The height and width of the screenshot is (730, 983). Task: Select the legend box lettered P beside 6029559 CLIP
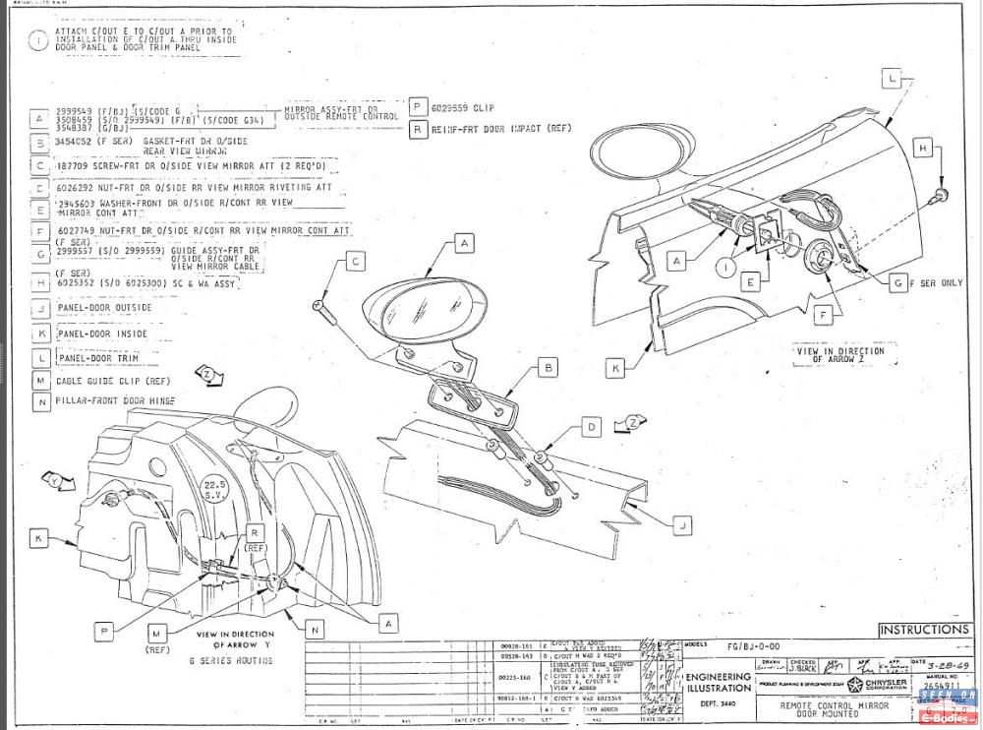point(418,107)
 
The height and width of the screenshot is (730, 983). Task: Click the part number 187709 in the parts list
point(73,166)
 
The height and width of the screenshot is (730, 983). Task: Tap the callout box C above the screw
point(356,262)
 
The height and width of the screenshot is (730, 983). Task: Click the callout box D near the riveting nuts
point(590,427)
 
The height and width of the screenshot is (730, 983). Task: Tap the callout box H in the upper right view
point(922,148)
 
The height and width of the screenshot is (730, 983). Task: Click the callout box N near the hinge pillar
point(315,628)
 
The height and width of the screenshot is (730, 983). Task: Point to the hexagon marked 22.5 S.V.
point(215,490)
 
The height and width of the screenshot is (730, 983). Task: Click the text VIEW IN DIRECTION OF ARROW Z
point(838,354)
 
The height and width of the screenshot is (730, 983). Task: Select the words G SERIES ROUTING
point(230,661)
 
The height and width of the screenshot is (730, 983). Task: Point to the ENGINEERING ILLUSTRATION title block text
point(719,683)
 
